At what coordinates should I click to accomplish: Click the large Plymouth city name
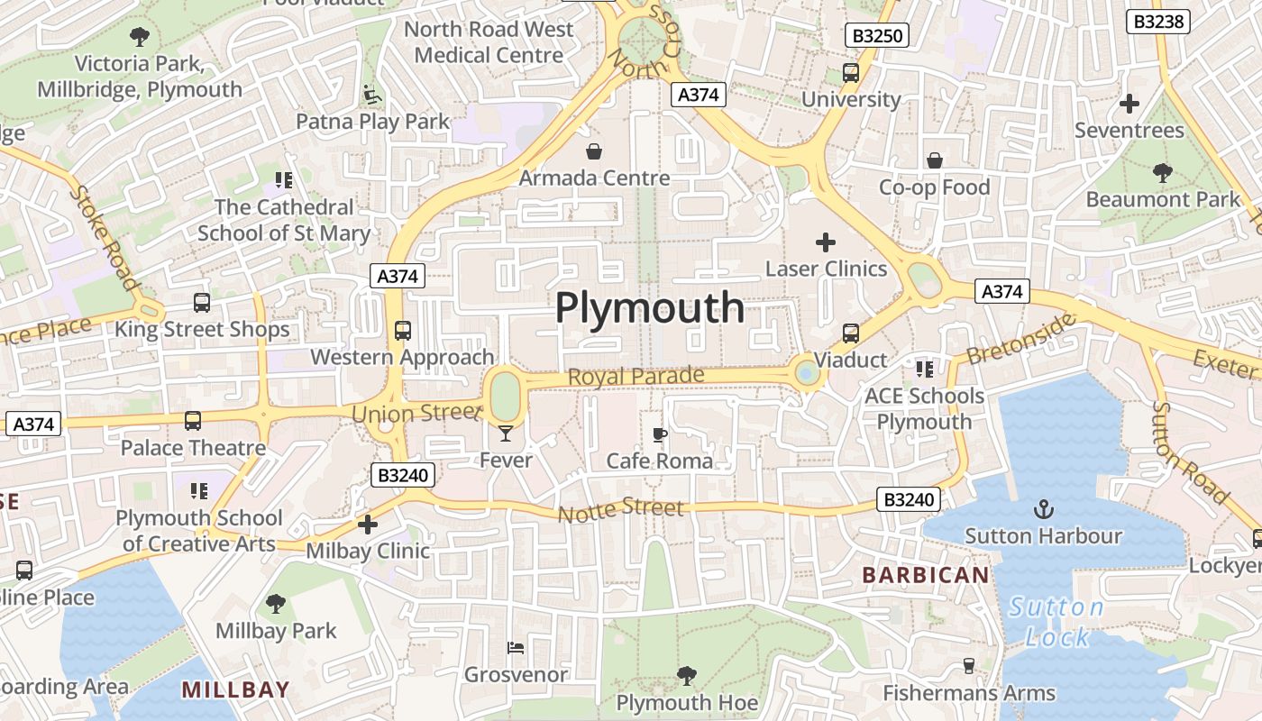[x=649, y=308]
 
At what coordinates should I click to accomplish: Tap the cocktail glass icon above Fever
[x=505, y=434]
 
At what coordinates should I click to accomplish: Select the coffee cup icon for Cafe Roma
[x=660, y=435]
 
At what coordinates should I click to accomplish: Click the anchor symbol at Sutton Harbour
[x=1043, y=509]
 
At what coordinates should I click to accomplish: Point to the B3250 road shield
[x=876, y=36]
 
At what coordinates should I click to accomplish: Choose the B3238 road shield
[x=1158, y=22]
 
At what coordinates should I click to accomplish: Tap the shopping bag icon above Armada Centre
[x=594, y=151]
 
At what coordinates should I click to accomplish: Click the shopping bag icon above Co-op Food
[x=935, y=160]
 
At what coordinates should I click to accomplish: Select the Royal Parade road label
[x=636, y=376]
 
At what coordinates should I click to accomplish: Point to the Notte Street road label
[x=621, y=511]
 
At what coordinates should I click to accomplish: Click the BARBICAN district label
[x=925, y=575]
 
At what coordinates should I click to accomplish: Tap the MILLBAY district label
[x=235, y=690]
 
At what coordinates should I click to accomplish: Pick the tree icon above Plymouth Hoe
[x=687, y=675]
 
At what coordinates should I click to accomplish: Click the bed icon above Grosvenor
[x=516, y=647]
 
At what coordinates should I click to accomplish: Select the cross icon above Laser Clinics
[x=826, y=242]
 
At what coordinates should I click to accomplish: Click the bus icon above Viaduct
[x=851, y=333]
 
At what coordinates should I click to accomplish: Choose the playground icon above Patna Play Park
[x=370, y=94]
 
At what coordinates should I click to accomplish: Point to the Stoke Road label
[x=105, y=238]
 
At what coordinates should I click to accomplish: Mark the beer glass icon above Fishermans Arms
[x=969, y=666]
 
